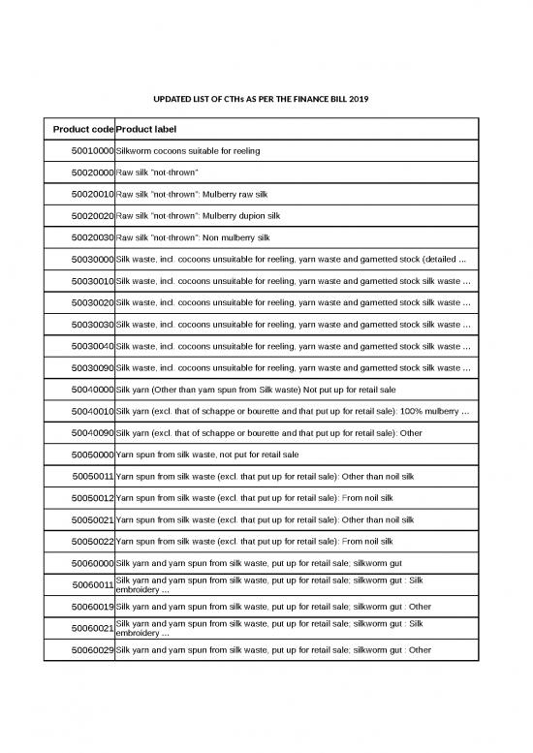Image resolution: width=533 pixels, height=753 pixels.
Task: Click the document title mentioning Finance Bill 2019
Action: [262, 100]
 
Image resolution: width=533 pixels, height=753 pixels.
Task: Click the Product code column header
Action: [82, 129]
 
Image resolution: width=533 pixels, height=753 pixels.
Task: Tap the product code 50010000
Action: [92, 151]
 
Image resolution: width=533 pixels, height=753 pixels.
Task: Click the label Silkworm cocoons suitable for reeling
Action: [188, 151]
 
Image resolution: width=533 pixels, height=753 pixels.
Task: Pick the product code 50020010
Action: [92, 194]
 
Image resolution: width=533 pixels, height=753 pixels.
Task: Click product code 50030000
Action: [92, 259]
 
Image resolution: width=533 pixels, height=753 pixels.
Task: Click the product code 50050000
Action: [92, 454]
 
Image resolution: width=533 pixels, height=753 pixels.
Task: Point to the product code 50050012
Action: [92, 497]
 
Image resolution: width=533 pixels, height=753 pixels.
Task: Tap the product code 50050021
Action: [92, 519]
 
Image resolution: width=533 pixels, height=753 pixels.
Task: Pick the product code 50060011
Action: [92, 584]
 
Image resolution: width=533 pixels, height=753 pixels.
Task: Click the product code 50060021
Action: [92, 628]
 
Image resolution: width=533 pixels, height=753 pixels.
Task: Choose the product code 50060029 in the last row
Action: [92, 649]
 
